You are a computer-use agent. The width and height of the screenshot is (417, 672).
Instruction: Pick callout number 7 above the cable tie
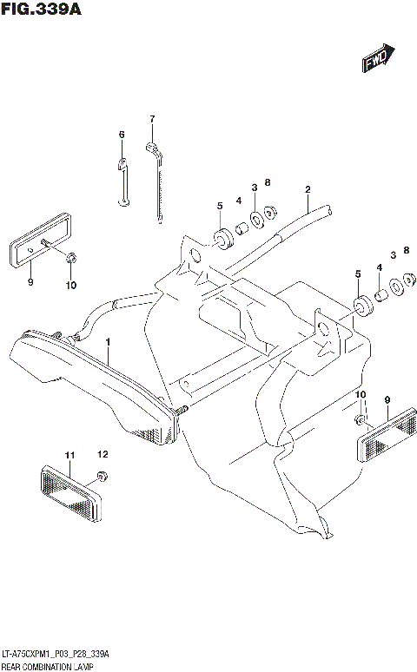pyautogui.click(x=151, y=119)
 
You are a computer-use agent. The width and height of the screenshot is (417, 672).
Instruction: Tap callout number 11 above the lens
pyautogui.click(x=69, y=454)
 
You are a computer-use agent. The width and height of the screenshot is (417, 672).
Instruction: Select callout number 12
pyautogui.click(x=103, y=454)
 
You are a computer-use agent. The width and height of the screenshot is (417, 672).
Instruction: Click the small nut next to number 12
pyautogui.click(x=102, y=474)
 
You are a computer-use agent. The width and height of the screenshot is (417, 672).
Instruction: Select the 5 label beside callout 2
pyautogui.click(x=220, y=206)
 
